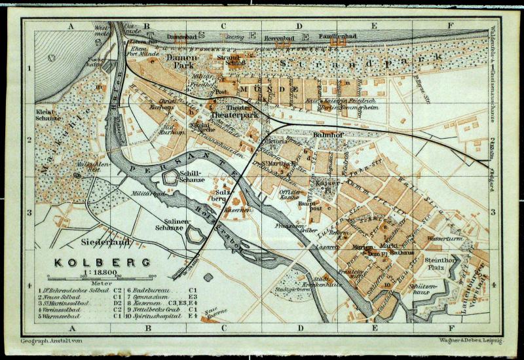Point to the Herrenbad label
coord(276,39)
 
